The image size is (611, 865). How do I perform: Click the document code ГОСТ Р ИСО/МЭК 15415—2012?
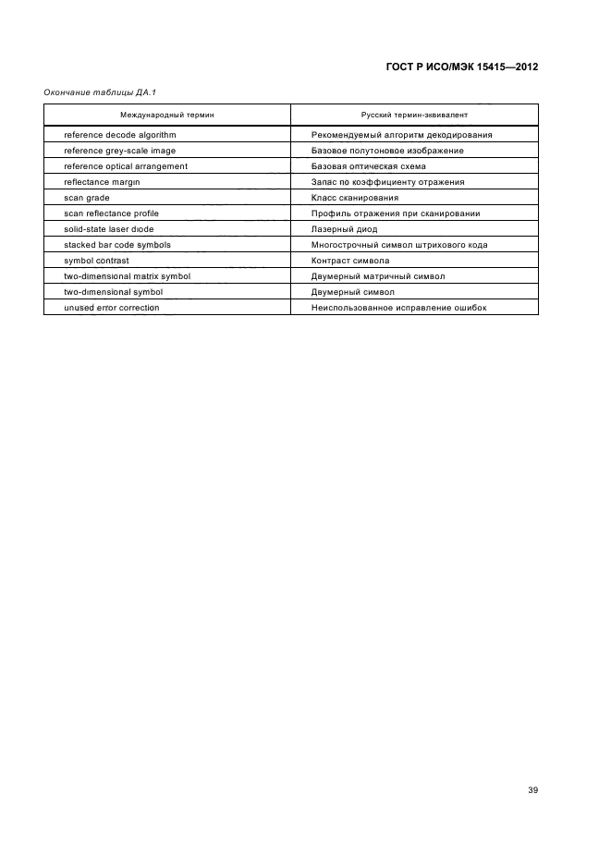click(x=460, y=67)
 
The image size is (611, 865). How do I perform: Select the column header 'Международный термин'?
click(x=167, y=115)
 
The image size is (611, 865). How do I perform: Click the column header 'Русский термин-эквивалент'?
click(x=414, y=115)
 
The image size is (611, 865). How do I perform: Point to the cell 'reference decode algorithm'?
click(x=120, y=135)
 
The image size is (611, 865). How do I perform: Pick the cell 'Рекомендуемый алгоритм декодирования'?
click(x=402, y=135)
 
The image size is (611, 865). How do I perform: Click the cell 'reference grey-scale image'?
click(x=120, y=151)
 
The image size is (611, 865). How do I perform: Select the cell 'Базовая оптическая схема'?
click(x=369, y=166)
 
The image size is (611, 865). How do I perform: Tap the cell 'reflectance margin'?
click(x=102, y=182)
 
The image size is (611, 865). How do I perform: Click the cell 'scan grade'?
click(x=87, y=198)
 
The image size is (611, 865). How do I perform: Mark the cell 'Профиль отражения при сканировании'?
click(x=396, y=213)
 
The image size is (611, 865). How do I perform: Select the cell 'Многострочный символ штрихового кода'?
click(x=399, y=245)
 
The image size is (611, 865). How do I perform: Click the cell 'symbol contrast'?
click(x=96, y=261)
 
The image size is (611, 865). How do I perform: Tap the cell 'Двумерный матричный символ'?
click(x=378, y=276)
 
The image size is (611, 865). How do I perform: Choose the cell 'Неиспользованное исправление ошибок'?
click(x=398, y=308)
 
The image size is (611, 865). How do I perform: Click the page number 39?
click(x=532, y=790)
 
